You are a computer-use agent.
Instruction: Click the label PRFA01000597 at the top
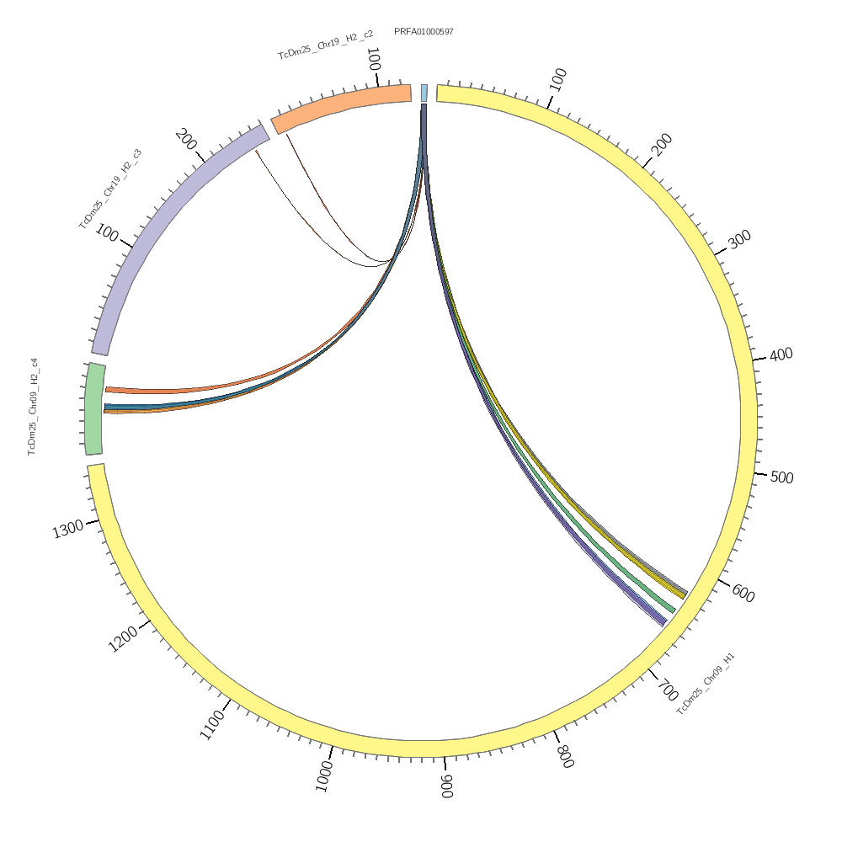pos(424,32)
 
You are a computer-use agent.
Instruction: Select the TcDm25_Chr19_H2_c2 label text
pos(326,45)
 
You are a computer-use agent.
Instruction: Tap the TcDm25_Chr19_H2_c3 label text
pos(110,189)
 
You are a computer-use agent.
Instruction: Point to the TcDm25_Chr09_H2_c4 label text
pos(33,407)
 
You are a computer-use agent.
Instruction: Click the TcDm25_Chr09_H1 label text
pos(706,683)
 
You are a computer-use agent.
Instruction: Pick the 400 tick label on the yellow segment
pos(781,354)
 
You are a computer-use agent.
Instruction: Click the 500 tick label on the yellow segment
pos(782,477)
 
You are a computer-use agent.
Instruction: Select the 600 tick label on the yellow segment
pos(743,593)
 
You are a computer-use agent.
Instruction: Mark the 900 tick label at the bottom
pos(446,786)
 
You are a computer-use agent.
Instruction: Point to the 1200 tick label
pos(124,640)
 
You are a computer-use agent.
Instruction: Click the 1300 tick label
pos(68,530)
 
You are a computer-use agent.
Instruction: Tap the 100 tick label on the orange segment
pos(374,61)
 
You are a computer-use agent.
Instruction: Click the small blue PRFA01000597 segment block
pos(424,93)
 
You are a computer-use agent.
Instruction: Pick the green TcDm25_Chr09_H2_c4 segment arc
pos(93,408)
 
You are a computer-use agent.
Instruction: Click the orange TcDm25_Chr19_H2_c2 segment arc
pos(341,108)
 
